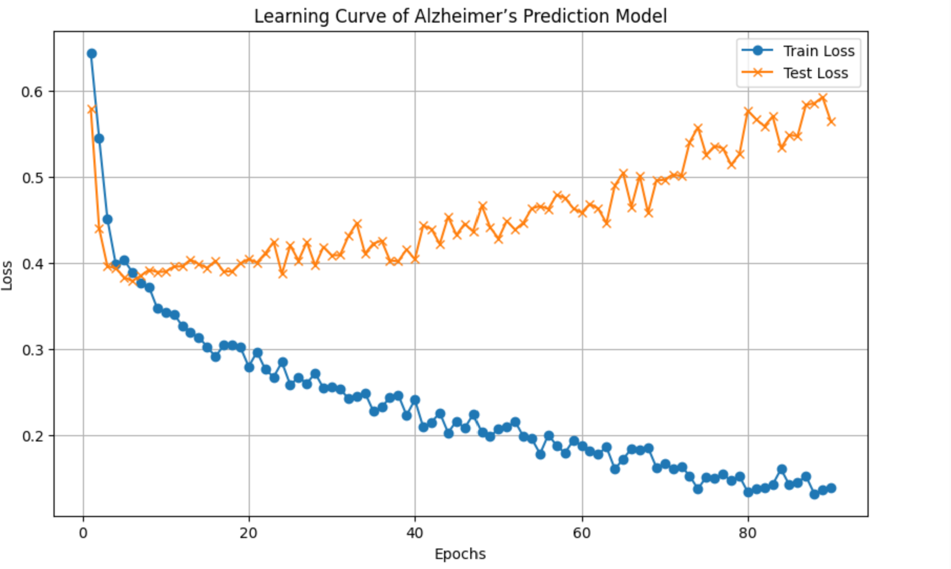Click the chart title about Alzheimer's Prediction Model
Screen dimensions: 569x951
(x=460, y=16)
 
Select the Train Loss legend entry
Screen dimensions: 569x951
(x=819, y=51)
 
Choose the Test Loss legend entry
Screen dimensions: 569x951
(x=816, y=73)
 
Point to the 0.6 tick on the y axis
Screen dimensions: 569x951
(x=31, y=92)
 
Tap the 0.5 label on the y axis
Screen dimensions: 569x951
(x=31, y=178)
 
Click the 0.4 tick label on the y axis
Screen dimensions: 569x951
(x=31, y=264)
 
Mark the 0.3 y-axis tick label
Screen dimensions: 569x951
(x=31, y=350)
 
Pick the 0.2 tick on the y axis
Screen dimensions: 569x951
(x=31, y=436)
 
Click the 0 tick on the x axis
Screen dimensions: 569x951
(x=83, y=533)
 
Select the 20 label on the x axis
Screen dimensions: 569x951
(x=249, y=533)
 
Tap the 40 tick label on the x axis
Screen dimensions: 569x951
(x=415, y=533)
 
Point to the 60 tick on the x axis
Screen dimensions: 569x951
(x=582, y=533)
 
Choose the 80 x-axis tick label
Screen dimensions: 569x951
(x=747, y=533)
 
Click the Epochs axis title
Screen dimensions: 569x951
(x=460, y=554)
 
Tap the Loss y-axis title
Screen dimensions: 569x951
(x=7, y=275)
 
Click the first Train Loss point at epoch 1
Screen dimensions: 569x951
(x=92, y=54)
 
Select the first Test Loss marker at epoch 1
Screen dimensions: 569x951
(x=92, y=109)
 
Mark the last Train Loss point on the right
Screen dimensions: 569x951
(x=831, y=488)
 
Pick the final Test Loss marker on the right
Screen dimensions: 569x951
(x=831, y=122)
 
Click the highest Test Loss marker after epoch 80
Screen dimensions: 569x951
(x=822, y=98)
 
